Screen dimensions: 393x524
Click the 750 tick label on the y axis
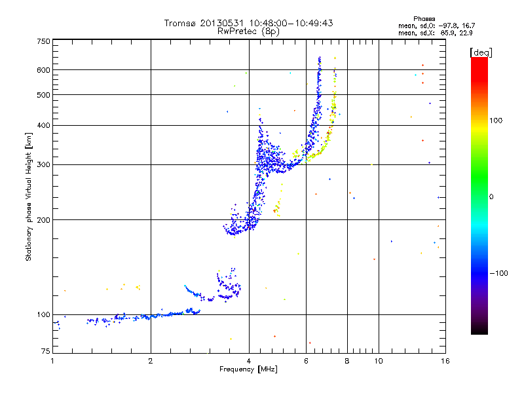point(43,41)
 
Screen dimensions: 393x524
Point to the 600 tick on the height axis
point(43,70)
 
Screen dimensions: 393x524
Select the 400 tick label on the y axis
point(43,125)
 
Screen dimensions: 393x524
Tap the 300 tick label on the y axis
point(43,164)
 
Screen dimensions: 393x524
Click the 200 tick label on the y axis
point(43,219)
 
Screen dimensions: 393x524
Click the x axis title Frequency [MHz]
point(248,370)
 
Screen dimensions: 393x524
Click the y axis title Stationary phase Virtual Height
point(29,196)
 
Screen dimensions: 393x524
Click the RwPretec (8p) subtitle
point(248,31)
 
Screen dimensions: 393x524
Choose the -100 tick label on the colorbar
point(500,273)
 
